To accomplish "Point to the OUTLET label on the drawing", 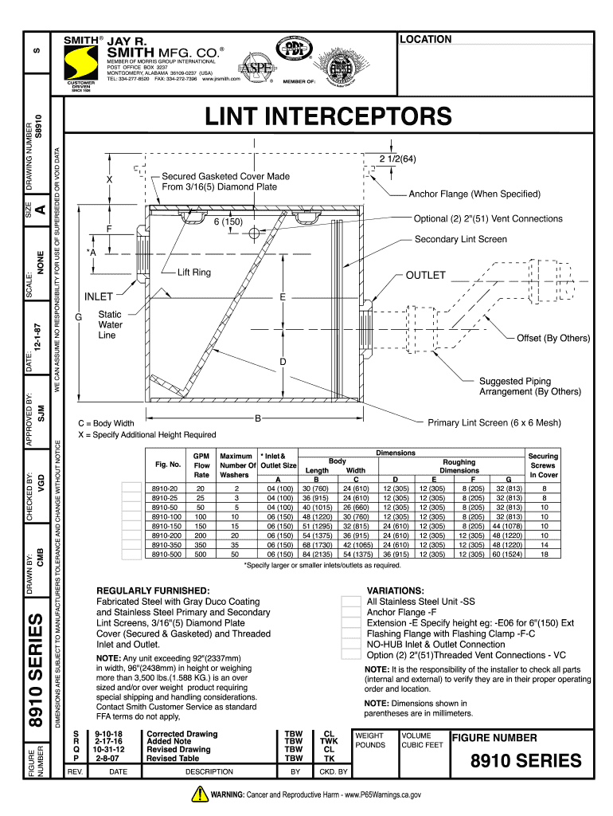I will pyautogui.click(x=426, y=276).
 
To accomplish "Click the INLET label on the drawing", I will pyautogui.click(x=99, y=297).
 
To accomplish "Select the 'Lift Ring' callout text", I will pyautogui.click(x=194, y=273).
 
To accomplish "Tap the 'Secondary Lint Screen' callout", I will pyautogui.click(x=460, y=239).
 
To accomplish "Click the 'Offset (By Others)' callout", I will pyautogui.click(x=552, y=338).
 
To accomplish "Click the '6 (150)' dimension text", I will pyautogui.click(x=227, y=221).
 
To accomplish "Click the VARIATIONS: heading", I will pyautogui.click(x=395, y=590).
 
